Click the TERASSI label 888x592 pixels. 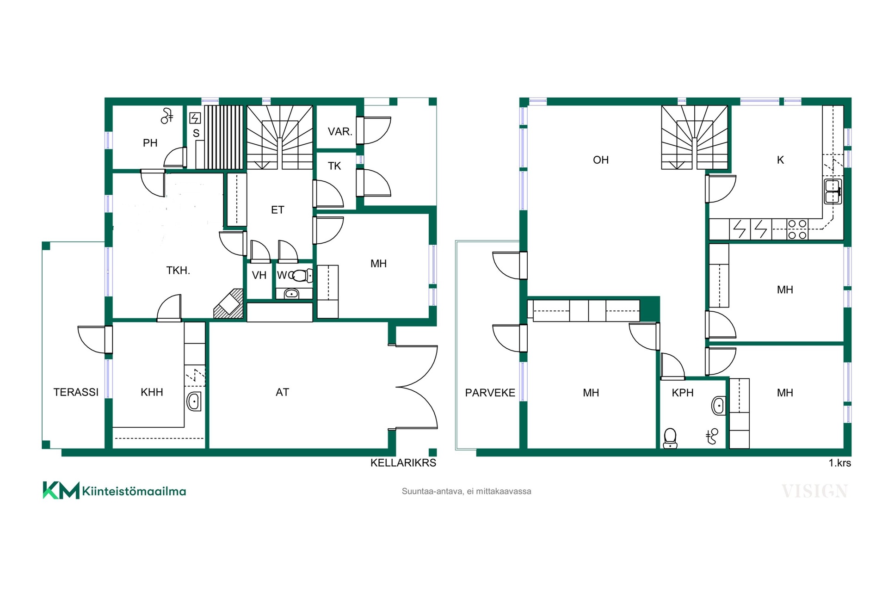click(x=76, y=392)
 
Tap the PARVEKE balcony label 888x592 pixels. click(x=490, y=393)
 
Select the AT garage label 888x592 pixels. click(x=282, y=392)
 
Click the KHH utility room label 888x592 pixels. click(x=152, y=392)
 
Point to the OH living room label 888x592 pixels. click(x=601, y=160)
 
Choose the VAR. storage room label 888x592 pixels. click(x=340, y=132)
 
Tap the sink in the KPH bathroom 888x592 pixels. click(x=718, y=406)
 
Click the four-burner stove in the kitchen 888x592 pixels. click(x=797, y=229)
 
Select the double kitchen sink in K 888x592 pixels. click(x=833, y=191)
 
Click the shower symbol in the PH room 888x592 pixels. click(x=166, y=116)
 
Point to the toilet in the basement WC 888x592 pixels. click(x=302, y=276)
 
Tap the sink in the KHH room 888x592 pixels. click(x=194, y=401)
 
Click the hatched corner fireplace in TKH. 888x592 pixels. click(x=228, y=304)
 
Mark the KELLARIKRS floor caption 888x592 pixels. click(x=403, y=463)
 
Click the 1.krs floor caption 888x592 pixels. click(x=839, y=463)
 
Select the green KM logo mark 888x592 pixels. click(x=61, y=490)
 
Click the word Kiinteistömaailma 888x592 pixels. click(x=134, y=491)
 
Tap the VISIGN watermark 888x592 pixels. click(x=815, y=491)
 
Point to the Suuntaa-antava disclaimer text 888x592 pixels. click(x=466, y=492)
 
